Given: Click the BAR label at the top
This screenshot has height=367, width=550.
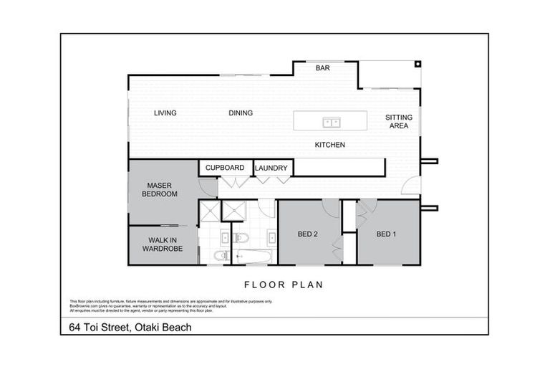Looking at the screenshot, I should click(x=322, y=69).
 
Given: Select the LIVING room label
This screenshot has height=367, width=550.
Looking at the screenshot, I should click(x=165, y=113).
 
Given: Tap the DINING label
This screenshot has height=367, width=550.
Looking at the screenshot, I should click(x=241, y=113).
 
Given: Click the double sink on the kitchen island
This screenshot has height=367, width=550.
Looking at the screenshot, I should click(x=330, y=121).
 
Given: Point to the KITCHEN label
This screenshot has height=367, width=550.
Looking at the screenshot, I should click(x=329, y=145).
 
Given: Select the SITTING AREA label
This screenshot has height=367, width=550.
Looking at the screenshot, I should click(x=398, y=121).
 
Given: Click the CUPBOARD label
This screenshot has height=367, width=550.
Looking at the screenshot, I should click(x=225, y=168).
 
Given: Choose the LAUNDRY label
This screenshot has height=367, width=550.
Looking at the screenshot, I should click(x=271, y=168).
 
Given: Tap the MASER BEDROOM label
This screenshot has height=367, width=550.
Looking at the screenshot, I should click(x=159, y=189).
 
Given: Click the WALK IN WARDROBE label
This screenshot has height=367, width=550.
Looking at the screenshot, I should click(x=162, y=244).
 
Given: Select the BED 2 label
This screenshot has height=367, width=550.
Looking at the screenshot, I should click(x=308, y=234).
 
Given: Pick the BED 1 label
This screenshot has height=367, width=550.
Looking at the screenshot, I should click(x=387, y=234).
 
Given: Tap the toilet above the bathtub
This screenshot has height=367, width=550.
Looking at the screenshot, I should click(x=241, y=238).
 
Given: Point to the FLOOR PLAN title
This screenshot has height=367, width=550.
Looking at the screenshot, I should click(x=284, y=285).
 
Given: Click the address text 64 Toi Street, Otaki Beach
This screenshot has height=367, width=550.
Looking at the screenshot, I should click(x=126, y=328).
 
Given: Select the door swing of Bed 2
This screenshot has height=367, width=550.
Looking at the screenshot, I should click(x=330, y=208).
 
